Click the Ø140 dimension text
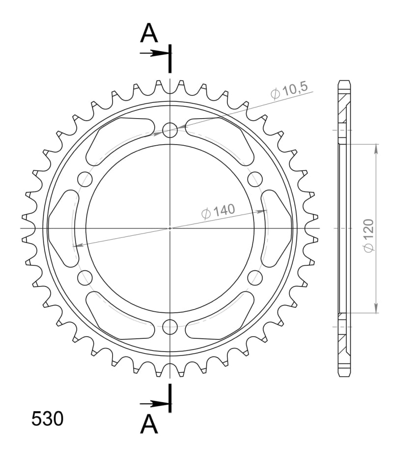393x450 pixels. [x=218, y=211]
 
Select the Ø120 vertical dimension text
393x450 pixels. [x=369, y=236]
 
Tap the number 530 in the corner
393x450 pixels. [x=47, y=418]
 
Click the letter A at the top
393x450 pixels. [x=149, y=34]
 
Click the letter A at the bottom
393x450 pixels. [x=149, y=424]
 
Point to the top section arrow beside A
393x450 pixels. [x=154, y=53]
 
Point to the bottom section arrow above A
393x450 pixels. [x=154, y=404]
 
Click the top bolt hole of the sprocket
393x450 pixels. [x=170, y=130]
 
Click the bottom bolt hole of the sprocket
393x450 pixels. [x=170, y=326]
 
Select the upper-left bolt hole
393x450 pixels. [x=85, y=179]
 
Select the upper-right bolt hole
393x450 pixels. [x=255, y=179]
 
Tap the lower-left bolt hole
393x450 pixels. [x=85, y=277]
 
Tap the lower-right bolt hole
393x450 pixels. [x=255, y=277]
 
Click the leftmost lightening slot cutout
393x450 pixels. [x=62, y=228]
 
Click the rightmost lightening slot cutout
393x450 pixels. [x=278, y=228]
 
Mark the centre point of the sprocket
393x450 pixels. [x=170, y=228]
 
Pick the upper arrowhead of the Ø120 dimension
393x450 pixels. [x=376, y=148]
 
